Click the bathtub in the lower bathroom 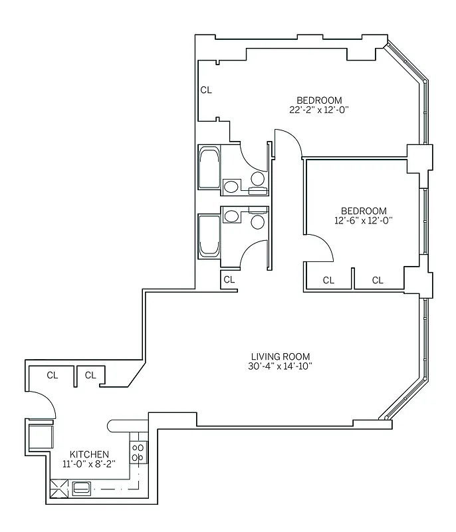click(209, 236)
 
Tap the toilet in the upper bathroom click(257, 178)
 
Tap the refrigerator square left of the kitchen click(39, 436)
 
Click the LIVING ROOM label click(280, 356)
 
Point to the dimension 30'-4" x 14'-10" click(280, 366)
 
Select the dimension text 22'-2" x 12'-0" click(318, 110)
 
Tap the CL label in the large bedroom click(206, 90)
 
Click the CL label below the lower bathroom click(229, 279)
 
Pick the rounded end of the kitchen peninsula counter click(111, 424)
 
